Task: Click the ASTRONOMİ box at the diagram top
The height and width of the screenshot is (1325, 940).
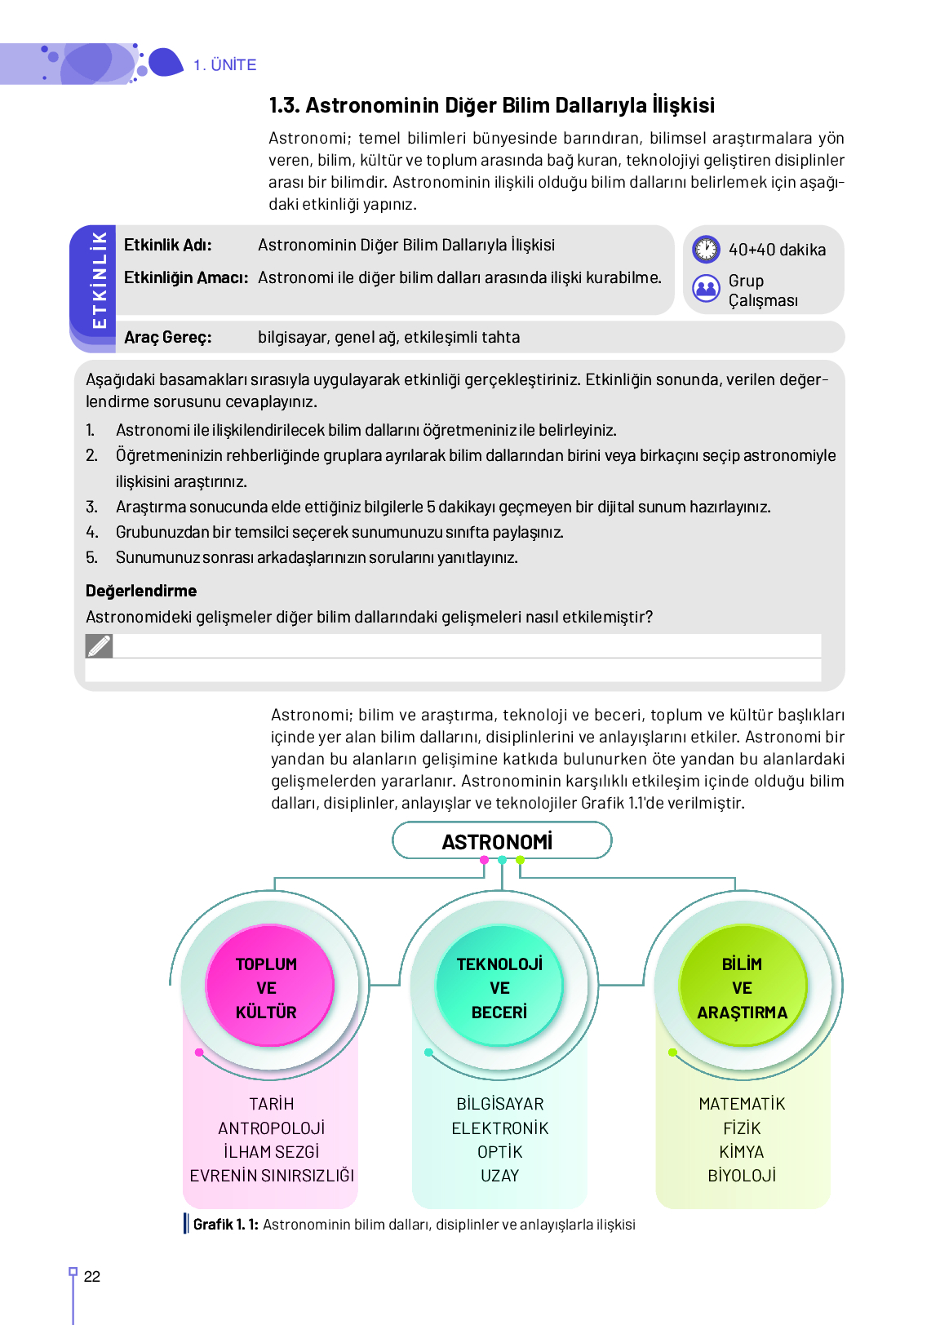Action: click(x=501, y=841)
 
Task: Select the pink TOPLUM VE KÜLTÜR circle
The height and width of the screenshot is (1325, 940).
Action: click(x=267, y=987)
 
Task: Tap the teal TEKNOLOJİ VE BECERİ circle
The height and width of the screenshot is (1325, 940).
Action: click(x=499, y=987)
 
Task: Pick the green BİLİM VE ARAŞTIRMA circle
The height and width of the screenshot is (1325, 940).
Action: click(x=742, y=987)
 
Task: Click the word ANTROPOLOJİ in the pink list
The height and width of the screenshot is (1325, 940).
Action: click(x=272, y=1128)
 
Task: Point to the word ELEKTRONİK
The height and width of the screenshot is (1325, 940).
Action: click(x=500, y=1128)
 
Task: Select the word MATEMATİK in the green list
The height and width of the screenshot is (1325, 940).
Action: click(x=742, y=1104)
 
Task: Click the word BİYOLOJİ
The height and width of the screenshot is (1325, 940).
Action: click(x=742, y=1175)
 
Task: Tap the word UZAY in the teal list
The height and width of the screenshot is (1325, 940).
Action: click(x=499, y=1175)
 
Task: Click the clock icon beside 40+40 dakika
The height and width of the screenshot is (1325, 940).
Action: click(x=706, y=249)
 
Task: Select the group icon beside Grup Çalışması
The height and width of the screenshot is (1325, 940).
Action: click(x=706, y=288)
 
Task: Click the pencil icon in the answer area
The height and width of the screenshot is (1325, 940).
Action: click(x=99, y=646)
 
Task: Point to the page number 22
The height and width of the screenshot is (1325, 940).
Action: click(x=92, y=1277)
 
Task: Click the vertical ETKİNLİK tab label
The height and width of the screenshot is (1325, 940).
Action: click(x=99, y=280)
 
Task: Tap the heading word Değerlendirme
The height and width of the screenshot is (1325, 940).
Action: click(x=141, y=591)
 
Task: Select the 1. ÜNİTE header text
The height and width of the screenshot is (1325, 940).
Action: click(x=225, y=65)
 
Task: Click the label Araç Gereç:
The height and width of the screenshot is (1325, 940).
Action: click(x=168, y=337)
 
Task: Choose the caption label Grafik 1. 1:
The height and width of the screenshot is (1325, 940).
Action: click(x=226, y=1224)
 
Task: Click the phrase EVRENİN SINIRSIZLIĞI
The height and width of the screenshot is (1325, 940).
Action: click(x=272, y=1175)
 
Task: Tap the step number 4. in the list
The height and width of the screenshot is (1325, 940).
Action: click(x=92, y=532)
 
